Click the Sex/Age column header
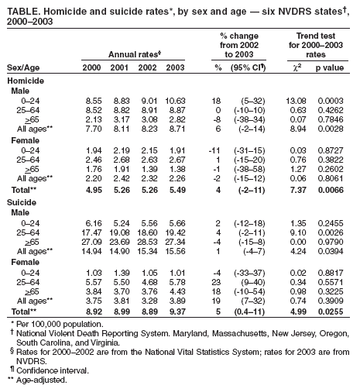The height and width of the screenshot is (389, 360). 25,67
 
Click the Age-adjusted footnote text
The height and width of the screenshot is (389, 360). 39,381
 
